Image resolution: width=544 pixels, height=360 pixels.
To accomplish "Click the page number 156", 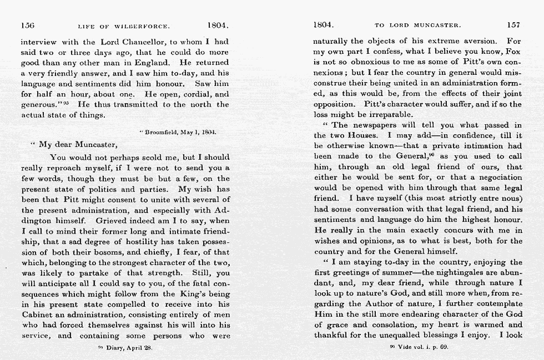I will coord(28,25).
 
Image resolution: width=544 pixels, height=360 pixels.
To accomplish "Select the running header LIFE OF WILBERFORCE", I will coord(123,26).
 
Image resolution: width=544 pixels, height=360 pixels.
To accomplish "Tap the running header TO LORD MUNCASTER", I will coord(417,26).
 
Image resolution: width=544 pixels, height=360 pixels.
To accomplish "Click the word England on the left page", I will coord(155,63).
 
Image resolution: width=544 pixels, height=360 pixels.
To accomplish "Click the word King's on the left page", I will coord(193,293).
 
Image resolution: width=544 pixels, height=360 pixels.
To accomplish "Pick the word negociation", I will coord(493,178).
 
